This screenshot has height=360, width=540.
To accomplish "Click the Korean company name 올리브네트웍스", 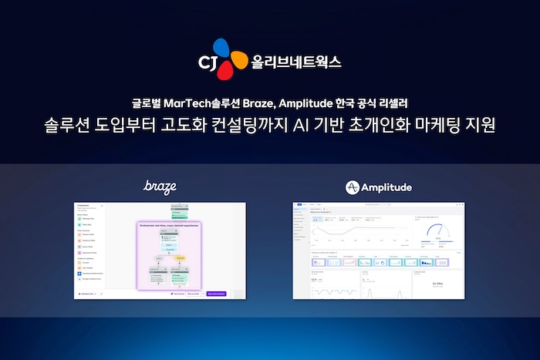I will [296, 60].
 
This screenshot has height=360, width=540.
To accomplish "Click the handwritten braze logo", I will [160, 186].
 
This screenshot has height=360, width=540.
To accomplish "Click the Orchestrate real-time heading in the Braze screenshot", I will [170, 226].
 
